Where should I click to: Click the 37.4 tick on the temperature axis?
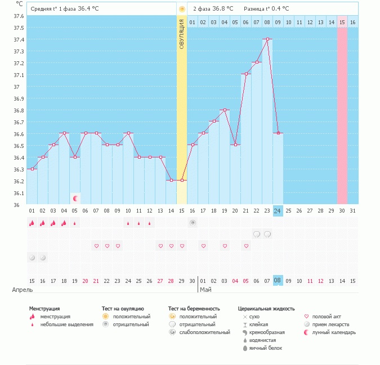19,39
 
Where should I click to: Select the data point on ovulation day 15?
182,181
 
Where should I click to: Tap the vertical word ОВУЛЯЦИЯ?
182,34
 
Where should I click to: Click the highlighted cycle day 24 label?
278,210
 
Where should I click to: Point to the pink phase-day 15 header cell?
342,22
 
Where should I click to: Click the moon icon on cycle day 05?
75,198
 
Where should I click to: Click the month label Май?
205,290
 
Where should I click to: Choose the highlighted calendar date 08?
278,280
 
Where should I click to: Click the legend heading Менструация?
46,309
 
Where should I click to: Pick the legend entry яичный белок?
266,348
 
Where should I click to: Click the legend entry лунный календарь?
335,332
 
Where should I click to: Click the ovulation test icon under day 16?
193,223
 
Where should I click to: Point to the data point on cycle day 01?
32,169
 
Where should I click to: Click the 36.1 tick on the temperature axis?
19,193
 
